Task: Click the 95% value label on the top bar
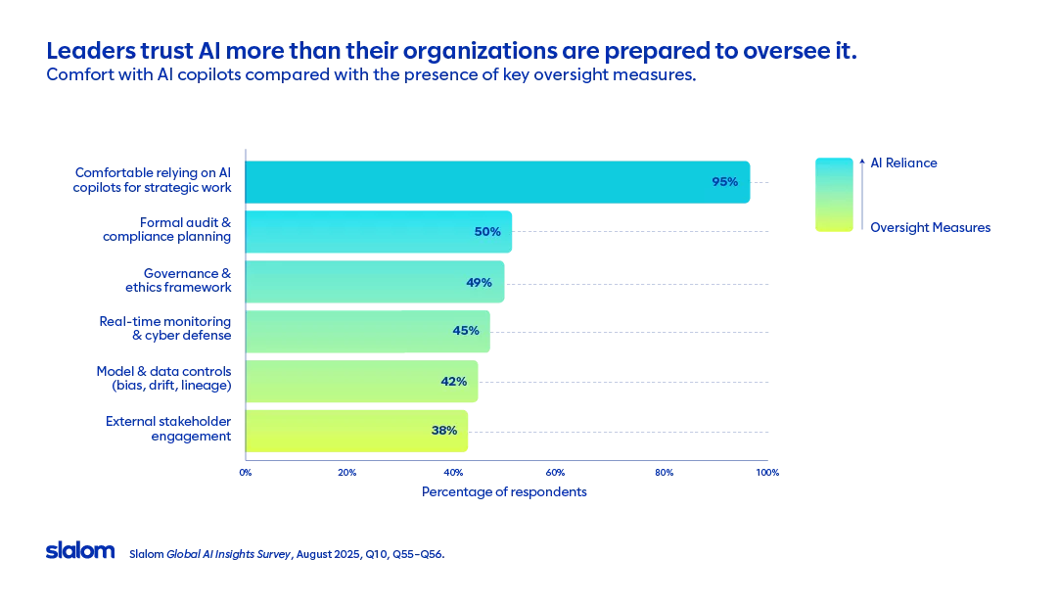(724, 182)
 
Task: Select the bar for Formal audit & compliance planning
(378, 232)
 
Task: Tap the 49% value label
(479, 282)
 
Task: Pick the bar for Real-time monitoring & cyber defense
(367, 332)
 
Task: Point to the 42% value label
(453, 382)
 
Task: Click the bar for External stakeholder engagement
(356, 431)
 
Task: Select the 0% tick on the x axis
(246, 473)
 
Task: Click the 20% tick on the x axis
(346, 473)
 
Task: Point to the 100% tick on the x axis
(767, 473)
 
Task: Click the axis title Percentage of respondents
(504, 491)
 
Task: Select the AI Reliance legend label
(903, 163)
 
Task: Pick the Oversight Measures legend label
(930, 228)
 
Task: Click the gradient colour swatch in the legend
(834, 195)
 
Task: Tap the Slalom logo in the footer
(80, 551)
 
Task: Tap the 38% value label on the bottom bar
(443, 431)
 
